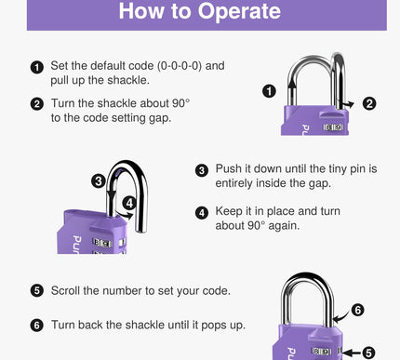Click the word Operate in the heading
click(x=239, y=12)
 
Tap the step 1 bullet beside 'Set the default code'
click(x=37, y=67)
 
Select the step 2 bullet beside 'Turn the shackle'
click(x=37, y=104)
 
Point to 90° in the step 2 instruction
click(x=181, y=103)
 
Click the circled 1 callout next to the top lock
click(x=269, y=91)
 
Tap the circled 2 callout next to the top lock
click(x=369, y=103)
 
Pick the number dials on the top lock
click(x=333, y=127)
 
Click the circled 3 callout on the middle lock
click(x=99, y=180)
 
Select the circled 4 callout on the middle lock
click(x=129, y=203)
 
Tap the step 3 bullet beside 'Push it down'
click(x=202, y=170)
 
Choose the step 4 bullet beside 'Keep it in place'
click(x=202, y=213)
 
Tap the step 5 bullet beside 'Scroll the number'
click(x=37, y=291)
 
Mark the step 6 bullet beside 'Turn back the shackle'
click(x=37, y=326)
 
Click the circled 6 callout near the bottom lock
click(x=357, y=310)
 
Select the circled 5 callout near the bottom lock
click(x=368, y=353)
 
